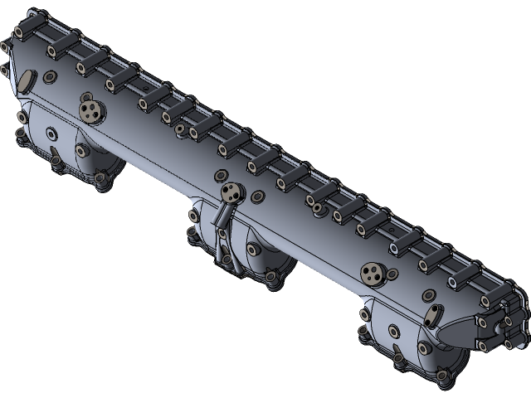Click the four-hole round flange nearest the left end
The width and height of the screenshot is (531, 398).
coord(90,109)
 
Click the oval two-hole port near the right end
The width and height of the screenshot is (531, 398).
coord(432,315)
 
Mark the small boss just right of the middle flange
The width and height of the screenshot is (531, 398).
coord(257,197)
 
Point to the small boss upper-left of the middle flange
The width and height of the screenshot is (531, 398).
coord(219,176)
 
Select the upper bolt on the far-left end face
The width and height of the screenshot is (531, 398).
coord(6,49)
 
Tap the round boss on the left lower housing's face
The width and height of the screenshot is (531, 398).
coord(53,133)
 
